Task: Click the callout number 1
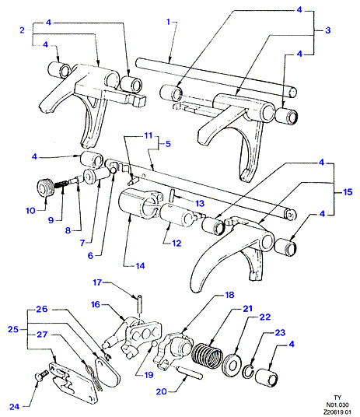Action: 168,22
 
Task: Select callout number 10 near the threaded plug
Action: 30,211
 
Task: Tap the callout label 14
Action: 140,265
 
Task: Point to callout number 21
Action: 247,309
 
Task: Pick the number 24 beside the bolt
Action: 15,407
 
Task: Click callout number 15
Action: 348,191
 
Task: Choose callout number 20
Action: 162,391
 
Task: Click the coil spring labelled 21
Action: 207,356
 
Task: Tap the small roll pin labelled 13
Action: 172,194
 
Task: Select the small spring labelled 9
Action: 61,184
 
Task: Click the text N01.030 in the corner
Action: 337,405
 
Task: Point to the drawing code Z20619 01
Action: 337,412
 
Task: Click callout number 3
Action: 328,30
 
